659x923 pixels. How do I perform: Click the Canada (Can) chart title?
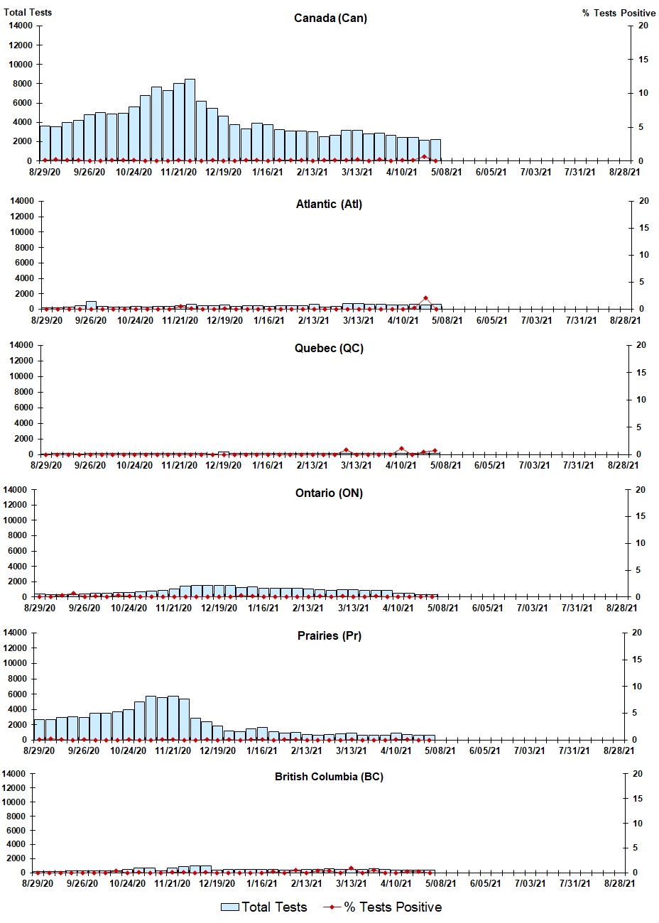point(330,18)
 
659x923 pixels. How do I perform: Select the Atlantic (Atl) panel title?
point(329,204)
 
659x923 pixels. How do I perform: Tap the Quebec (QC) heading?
point(329,348)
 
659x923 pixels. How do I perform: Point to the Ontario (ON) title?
point(329,493)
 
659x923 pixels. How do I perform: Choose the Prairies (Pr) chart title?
point(329,635)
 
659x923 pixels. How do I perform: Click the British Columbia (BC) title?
point(329,777)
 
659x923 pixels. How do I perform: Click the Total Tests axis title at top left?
point(28,12)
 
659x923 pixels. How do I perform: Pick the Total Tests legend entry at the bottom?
point(263,907)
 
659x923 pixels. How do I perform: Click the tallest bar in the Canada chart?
point(190,119)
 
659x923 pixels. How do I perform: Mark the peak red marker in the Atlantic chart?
point(425,298)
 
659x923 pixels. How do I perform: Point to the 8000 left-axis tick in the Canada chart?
point(22,83)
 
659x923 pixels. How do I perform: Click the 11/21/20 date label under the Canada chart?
point(178,172)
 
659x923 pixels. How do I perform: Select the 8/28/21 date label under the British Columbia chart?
point(619,883)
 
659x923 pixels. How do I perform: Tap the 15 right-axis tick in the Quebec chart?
point(641,373)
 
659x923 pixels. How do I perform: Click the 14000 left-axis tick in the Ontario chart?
point(15,490)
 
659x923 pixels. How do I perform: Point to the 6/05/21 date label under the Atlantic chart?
point(491,320)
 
